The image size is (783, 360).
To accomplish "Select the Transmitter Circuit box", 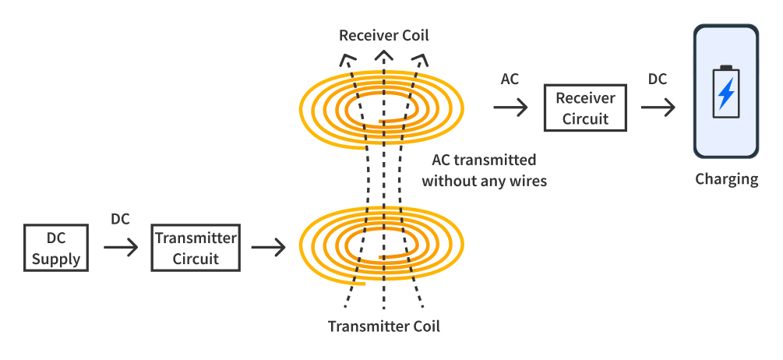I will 196,248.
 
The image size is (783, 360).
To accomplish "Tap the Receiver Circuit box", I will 585,108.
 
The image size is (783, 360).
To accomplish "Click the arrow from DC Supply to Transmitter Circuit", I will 120,248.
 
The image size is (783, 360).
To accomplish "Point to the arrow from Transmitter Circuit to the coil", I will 268,248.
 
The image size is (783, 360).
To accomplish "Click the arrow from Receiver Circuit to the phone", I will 658,108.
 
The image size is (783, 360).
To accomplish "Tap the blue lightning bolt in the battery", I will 726,94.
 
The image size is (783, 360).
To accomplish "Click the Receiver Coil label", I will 383,36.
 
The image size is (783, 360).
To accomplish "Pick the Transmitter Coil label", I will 383,326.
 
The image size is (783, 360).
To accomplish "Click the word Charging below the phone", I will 726,179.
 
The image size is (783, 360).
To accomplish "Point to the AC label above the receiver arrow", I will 510,79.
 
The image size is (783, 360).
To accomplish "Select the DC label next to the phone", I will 658,79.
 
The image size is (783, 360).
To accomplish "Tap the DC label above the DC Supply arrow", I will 120,220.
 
